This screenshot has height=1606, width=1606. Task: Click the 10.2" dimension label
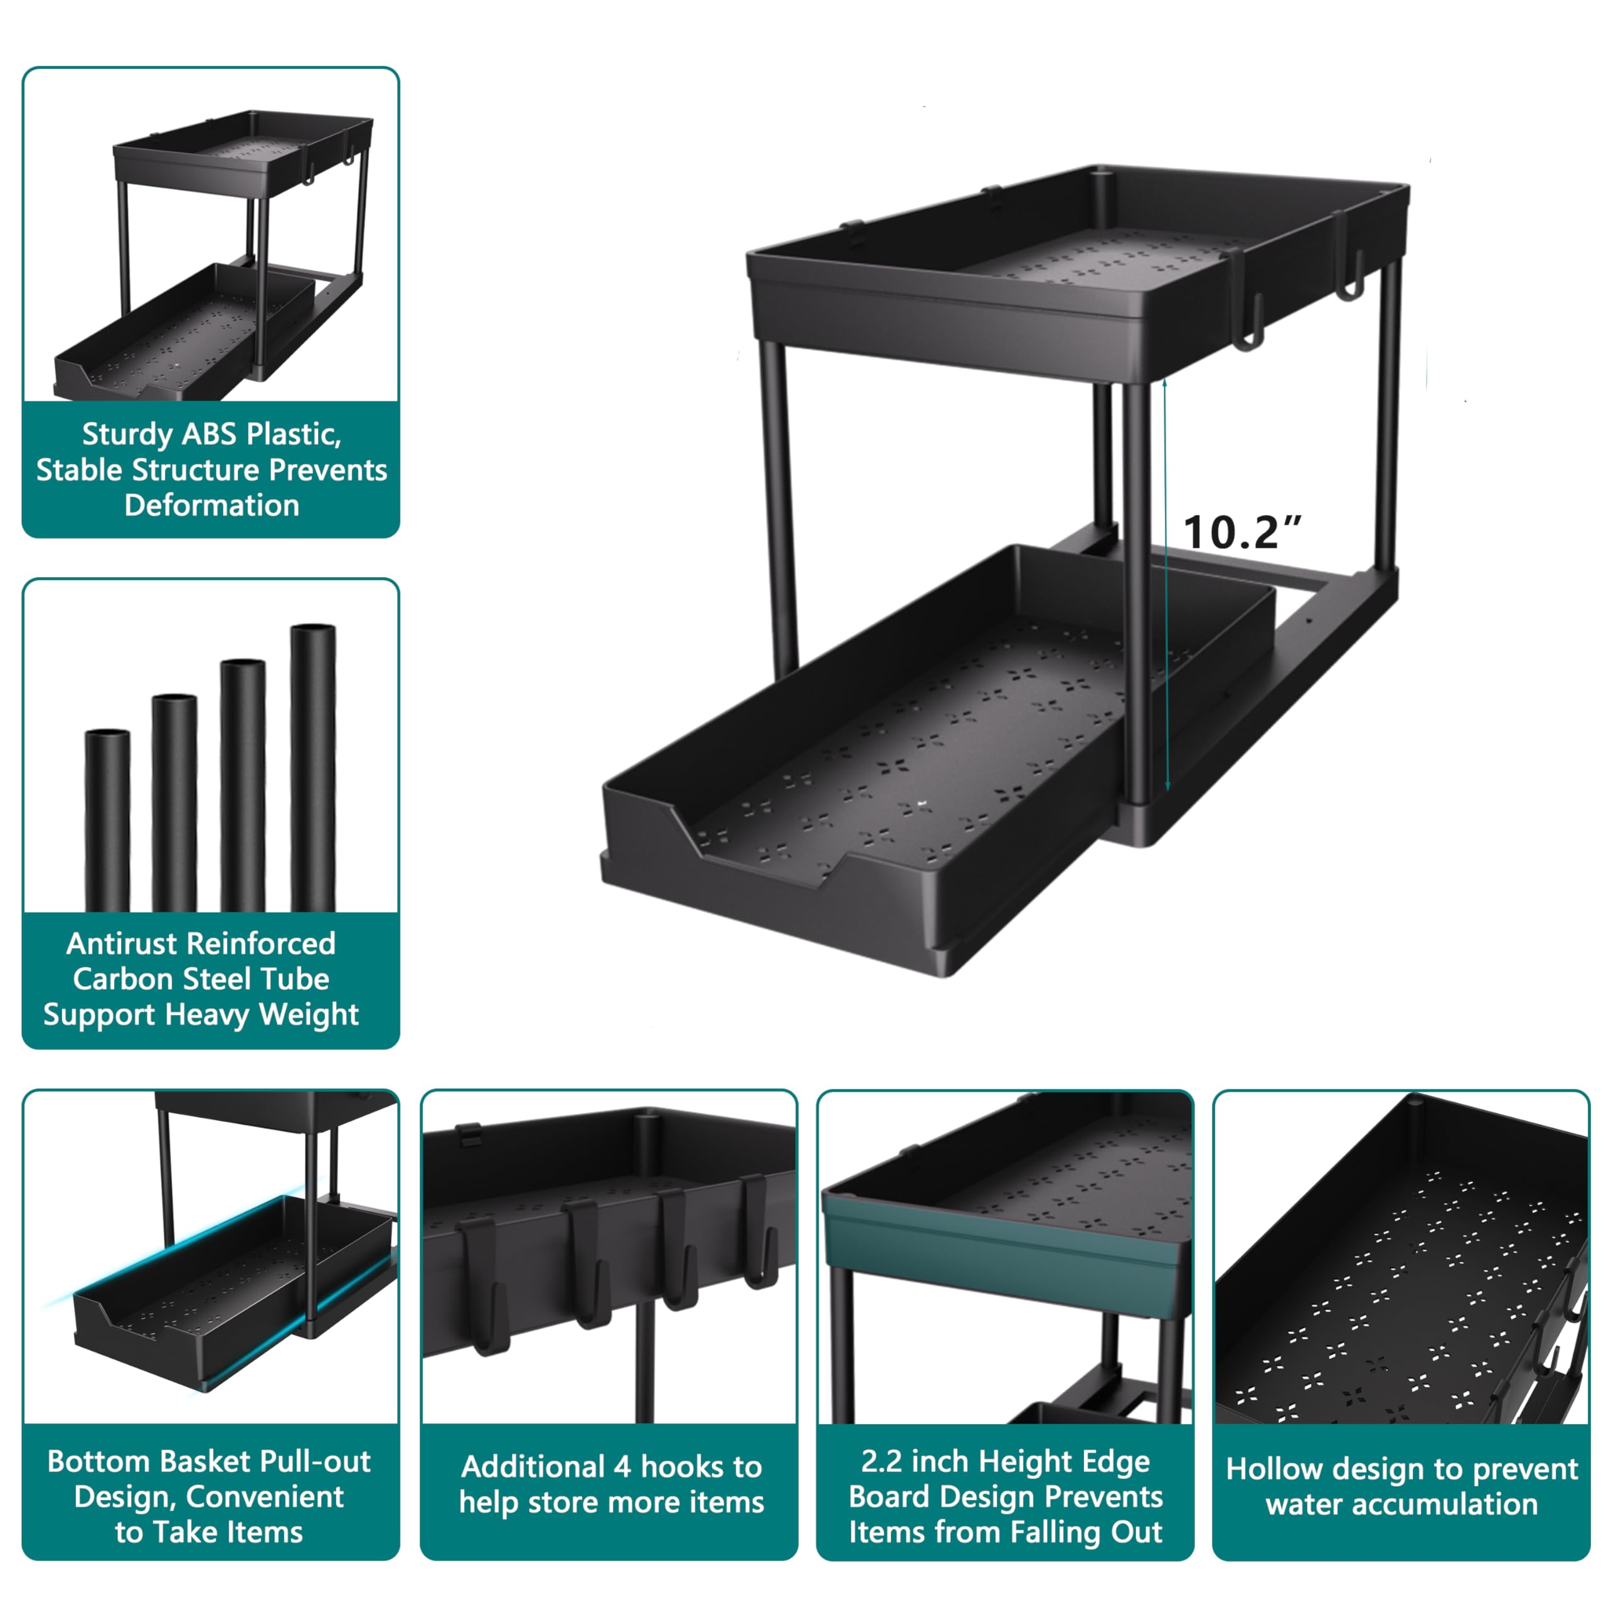1242,532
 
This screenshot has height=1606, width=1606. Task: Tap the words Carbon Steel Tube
201,979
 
